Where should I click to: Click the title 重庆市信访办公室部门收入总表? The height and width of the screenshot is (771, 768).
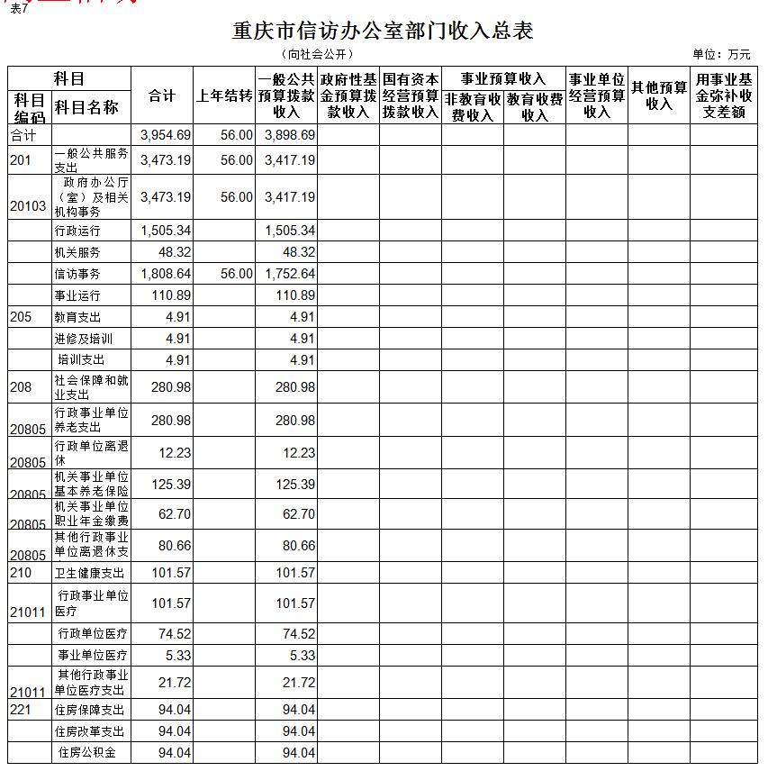pos(383,32)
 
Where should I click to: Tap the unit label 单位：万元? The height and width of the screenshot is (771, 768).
pos(721,55)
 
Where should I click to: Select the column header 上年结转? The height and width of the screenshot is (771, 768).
pos(224,95)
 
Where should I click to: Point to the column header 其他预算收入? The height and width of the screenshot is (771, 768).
pos(659,95)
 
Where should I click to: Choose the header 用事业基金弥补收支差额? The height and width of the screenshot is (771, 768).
pos(725,95)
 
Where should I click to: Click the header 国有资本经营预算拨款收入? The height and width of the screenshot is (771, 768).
pos(411,95)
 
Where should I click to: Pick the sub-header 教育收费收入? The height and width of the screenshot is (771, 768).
pos(535,107)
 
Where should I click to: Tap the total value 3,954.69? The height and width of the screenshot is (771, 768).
pos(167,135)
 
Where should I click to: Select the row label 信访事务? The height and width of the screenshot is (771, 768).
pos(77,274)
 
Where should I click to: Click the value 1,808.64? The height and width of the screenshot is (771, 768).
pos(167,274)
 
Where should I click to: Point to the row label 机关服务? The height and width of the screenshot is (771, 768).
pos(77,253)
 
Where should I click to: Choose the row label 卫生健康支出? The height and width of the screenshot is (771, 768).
pos(89,573)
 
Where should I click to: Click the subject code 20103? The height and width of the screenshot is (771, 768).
pos(28,206)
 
